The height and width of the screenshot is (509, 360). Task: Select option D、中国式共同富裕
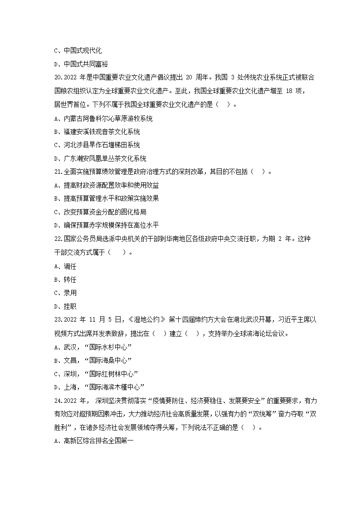(79, 64)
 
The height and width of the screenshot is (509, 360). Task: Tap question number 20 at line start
(58, 78)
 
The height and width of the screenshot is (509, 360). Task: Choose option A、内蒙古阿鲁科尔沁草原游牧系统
(103, 119)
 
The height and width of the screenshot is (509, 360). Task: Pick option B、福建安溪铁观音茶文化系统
(97, 132)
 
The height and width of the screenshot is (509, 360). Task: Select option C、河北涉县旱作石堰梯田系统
(97, 145)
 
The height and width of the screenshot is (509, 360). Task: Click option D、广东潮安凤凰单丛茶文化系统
(100, 158)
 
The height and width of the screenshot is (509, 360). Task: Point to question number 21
(58, 172)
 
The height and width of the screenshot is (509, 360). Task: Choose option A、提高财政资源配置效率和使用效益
(106, 185)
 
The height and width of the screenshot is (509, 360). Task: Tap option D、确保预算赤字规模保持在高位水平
(106, 225)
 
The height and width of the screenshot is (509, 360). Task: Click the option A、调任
(65, 266)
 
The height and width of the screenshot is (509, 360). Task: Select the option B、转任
(65, 279)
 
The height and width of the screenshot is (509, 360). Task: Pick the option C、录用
(65, 293)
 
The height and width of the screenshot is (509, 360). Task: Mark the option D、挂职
(65, 306)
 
